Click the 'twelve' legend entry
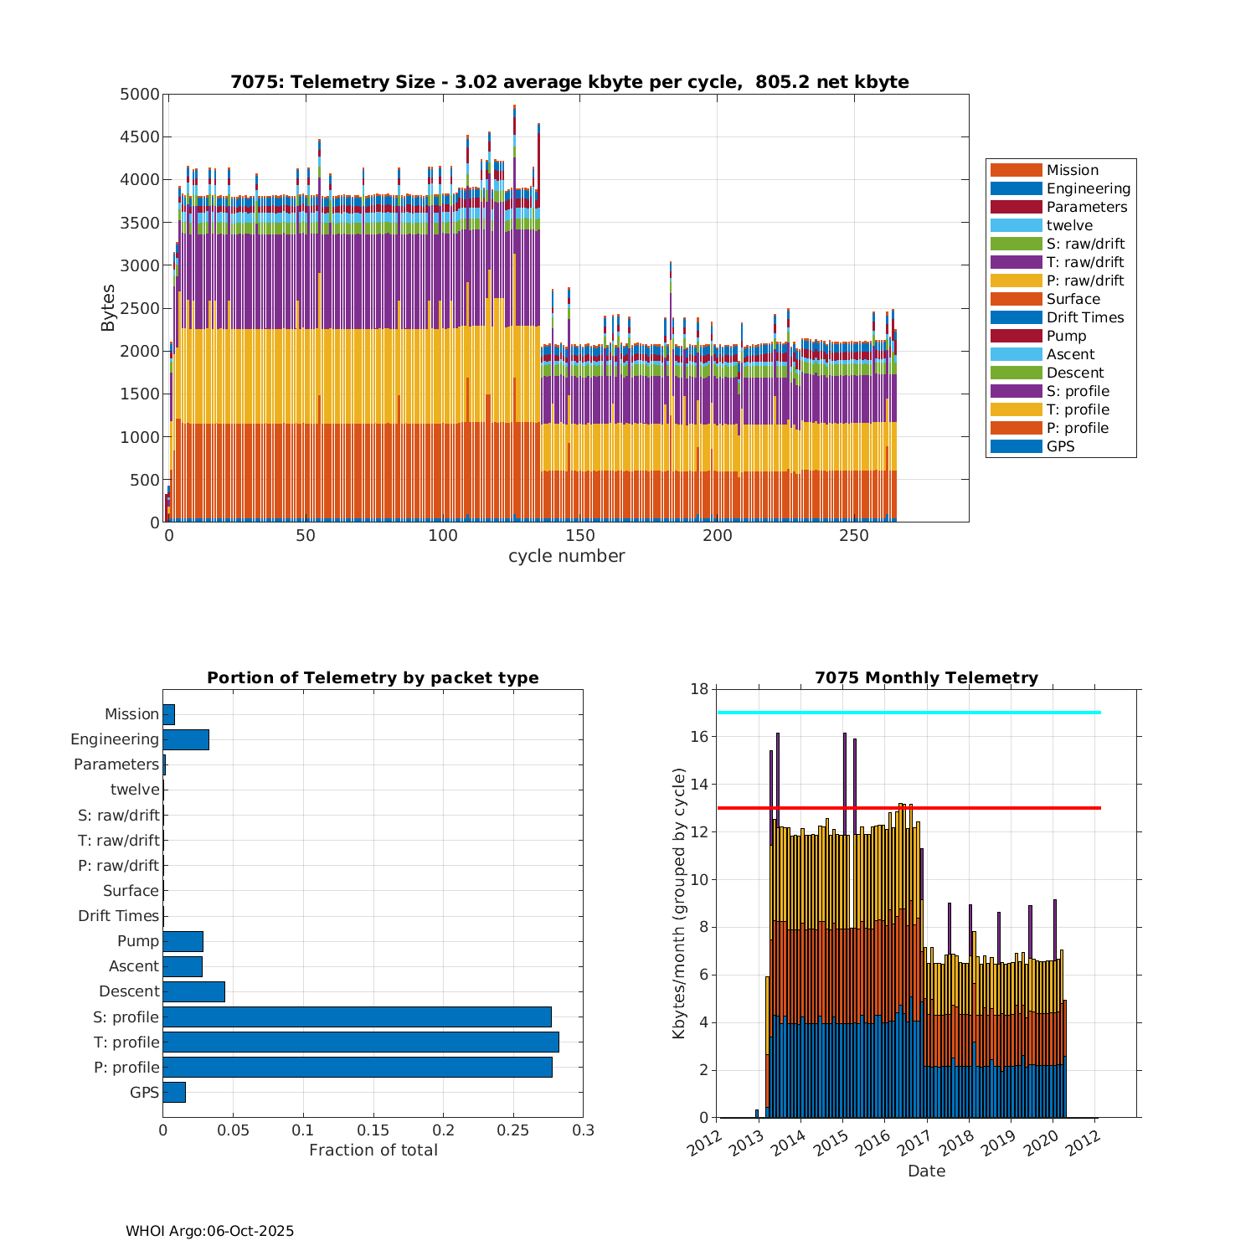click(x=1069, y=225)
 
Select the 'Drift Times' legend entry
click(x=1084, y=317)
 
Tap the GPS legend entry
click(x=1060, y=446)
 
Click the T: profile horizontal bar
click(x=361, y=1042)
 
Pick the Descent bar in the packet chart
click(x=193, y=991)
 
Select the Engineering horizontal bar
click(x=186, y=739)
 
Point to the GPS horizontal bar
click(x=174, y=1092)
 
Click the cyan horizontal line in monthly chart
click(x=909, y=713)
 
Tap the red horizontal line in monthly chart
click(x=909, y=808)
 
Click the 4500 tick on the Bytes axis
click(x=139, y=137)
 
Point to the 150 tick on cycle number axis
click(x=579, y=537)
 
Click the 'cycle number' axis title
click(x=566, y=556)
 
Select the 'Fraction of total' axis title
click(x=373, y=1150)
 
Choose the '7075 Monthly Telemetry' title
click(x=926, y=677)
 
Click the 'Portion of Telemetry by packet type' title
click(x=373, y=677)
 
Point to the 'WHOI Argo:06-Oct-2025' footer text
click(x=209, y=1231)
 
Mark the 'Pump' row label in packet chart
click(x=138, y=941)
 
